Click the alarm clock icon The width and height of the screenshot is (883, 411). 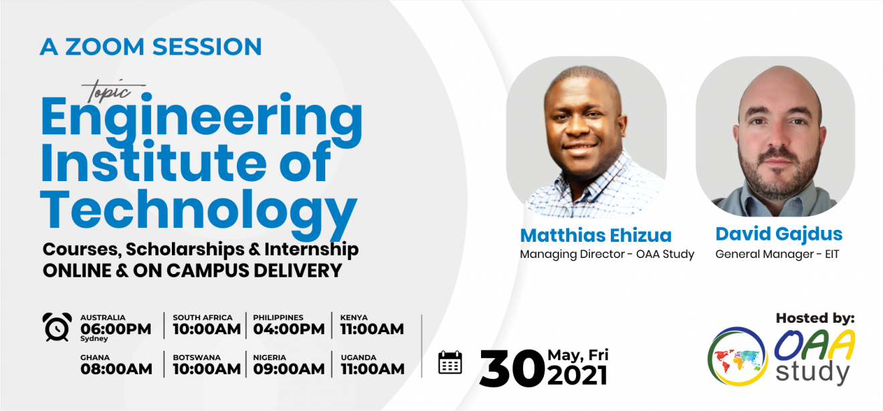(57, 327)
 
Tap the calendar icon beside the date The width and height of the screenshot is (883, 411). (450, 362)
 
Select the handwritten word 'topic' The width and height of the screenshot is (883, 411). (110, 92)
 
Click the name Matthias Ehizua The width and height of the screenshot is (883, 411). (595, 235)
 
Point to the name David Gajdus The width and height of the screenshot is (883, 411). (779, 235)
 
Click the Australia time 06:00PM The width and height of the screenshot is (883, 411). (116, 329)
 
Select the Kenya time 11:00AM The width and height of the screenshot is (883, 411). (372, 329)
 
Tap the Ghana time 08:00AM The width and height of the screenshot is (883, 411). (116, 370)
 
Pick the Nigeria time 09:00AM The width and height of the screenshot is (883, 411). (289, 370)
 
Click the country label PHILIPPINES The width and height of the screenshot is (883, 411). (278, 317)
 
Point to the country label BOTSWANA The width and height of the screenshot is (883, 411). (196, 358)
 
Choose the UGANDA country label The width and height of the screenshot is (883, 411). (359, 358)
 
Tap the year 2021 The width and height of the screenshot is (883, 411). (577, 376)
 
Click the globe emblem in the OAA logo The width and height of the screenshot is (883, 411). (738, 356)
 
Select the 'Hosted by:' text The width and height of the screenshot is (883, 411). (815, 318)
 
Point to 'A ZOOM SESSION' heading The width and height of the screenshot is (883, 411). (151, 47)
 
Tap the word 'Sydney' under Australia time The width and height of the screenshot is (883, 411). (94, 339)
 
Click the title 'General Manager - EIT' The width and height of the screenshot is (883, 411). (777, 255)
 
